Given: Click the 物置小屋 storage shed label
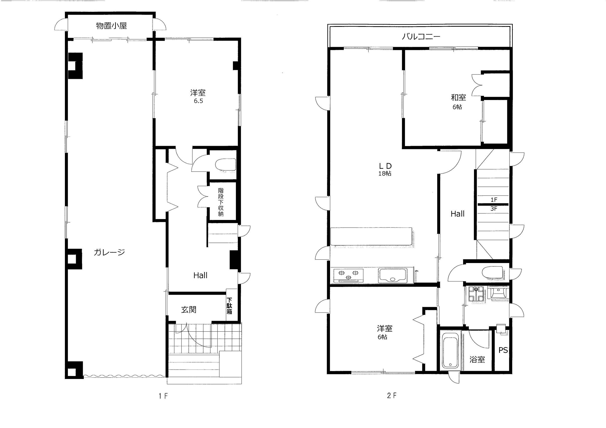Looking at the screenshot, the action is pos(111,26).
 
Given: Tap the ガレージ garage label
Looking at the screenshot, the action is pos(109,253).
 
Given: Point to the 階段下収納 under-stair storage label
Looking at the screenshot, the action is pos(221,202).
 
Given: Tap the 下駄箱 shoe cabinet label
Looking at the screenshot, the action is pos(230,306).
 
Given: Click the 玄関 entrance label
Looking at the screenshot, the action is pos(189,310).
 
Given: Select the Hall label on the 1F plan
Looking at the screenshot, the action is pos(200,275).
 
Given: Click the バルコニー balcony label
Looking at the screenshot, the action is pos(421,37).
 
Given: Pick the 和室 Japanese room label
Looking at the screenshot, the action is pos(458,98).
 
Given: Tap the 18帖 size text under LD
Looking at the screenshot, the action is pos(385,174).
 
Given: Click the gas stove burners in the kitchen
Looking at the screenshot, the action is pos(348,275).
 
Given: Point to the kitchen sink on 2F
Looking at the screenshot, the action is pos(392,275).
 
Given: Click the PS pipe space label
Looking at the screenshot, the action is pos(503,350).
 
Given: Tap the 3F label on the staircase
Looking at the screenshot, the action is pos(494,209).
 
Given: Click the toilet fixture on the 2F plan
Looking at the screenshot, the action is pos(492,273).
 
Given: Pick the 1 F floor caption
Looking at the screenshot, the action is pos(163,396).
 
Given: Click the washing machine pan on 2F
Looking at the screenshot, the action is pos(476,294).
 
